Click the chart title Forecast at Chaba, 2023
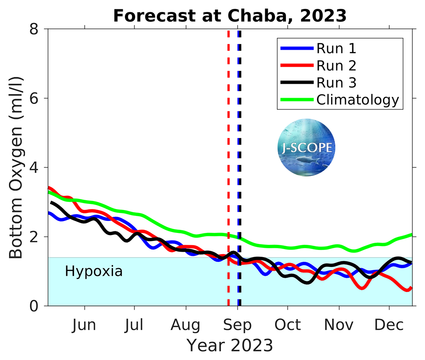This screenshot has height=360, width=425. (230, 16)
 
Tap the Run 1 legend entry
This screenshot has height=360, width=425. (336, 48)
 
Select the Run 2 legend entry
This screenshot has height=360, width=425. (336, 65)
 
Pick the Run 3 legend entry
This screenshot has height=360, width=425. (336, 82)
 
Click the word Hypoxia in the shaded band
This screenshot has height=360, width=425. (93, 271)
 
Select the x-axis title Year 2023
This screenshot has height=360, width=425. (230, 345)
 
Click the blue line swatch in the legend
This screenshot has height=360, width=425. (296, 48)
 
